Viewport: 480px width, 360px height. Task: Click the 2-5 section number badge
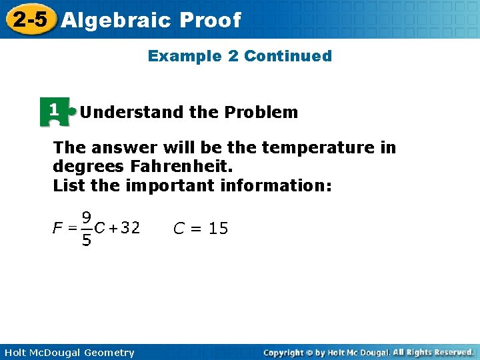pos(29,19)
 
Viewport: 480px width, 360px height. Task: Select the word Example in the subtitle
pos(185,56)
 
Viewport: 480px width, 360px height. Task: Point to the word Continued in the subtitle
pos(288,56)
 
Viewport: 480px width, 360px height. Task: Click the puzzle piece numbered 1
pos(55,111)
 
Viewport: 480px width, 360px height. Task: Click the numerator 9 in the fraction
pos(87,217)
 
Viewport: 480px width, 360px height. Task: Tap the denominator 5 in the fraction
pos(87,240)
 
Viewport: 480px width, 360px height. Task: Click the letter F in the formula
pos(58,228)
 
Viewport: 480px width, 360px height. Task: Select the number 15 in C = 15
pos(218,229)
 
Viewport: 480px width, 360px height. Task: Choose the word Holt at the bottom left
pos(15,353)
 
